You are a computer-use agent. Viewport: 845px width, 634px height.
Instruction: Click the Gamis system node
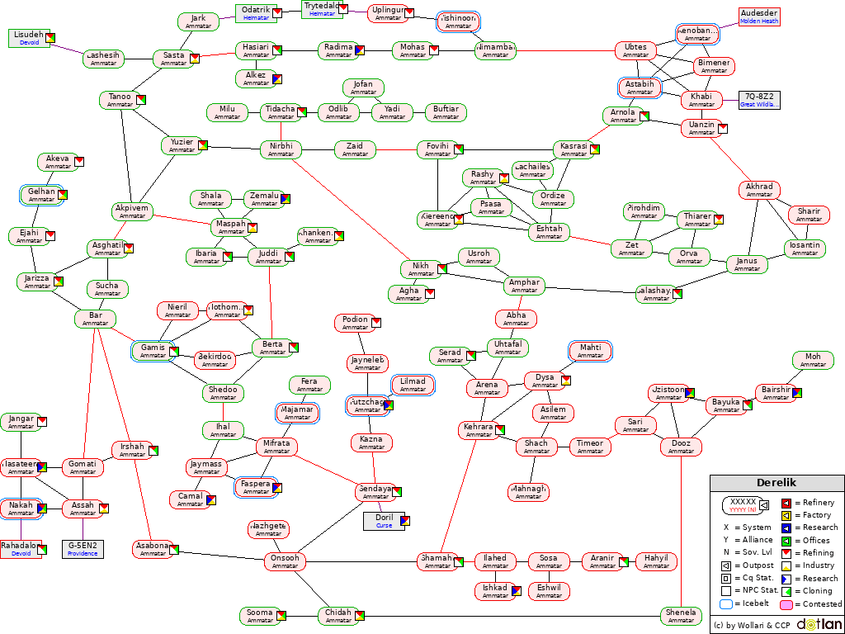(x=153, y=351)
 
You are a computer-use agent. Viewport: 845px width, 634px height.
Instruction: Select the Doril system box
(x=384, y=521)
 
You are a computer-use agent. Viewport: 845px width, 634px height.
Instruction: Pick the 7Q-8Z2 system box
(x=759, y=100)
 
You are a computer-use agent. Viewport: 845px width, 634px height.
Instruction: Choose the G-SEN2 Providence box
(x=83, y=549)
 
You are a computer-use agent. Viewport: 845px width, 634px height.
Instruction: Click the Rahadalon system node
(x=21, y=549)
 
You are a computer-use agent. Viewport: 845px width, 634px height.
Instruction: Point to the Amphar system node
(x=524, y=286)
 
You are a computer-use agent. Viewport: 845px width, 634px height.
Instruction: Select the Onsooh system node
(x=285, y=562)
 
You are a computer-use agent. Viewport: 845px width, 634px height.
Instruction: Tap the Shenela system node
(x=681, y=616)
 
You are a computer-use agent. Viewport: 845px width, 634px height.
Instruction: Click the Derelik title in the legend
(x=777, y=483)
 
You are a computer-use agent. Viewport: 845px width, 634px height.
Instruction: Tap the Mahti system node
(x=590, y=351)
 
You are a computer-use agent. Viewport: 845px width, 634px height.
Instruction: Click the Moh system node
(x=813, y=360)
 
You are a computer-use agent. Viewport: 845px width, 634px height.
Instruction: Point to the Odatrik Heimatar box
(x=256, y=13)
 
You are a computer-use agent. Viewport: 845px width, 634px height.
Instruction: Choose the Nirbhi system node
(x=281, y=149)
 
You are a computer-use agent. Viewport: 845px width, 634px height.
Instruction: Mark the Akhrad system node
(x=759, y=191)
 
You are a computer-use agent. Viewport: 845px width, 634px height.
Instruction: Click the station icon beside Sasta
(x=196, y=58)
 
